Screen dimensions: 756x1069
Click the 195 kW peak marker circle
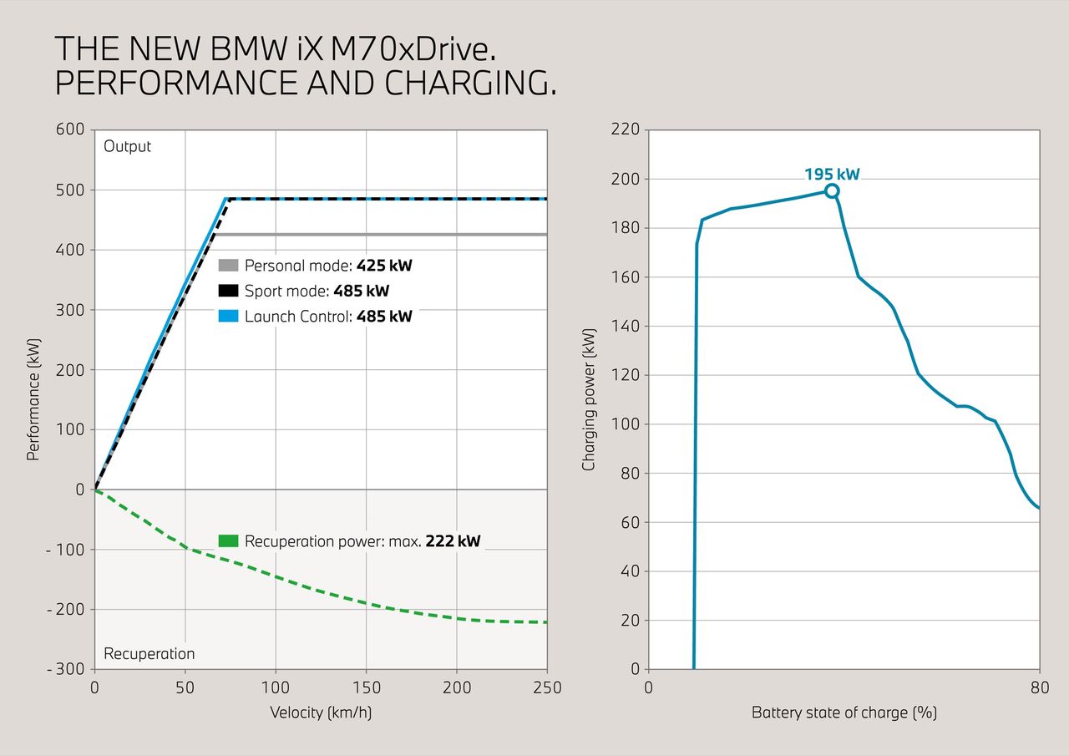(832, 191)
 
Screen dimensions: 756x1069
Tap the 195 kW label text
(832, 175)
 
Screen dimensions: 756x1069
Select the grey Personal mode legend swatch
(229, 266)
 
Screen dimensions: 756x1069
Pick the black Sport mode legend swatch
(229, 292)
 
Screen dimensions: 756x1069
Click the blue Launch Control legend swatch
(229, 317)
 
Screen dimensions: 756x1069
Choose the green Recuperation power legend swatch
(229, 541)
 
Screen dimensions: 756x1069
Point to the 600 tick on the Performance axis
(71, 129)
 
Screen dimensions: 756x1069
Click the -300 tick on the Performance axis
(66, 669)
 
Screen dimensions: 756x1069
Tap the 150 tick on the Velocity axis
(366, 688)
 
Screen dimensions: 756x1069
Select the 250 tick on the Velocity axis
(547, 688)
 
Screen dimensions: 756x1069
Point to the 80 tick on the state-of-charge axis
(1040, 688)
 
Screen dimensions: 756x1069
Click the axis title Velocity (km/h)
(321, 713)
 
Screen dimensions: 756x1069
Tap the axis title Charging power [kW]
(590, 399)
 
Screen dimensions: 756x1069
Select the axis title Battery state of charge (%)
(844, 713)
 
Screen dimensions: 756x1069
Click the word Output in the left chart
(128, 146)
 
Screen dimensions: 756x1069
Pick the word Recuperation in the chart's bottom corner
(149, 653)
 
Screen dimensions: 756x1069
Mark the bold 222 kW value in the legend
(453, 541)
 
